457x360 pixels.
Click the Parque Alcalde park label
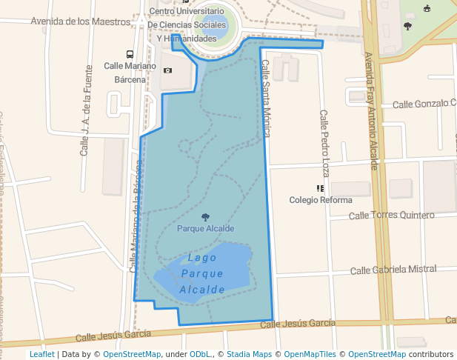click(x=205, y=228)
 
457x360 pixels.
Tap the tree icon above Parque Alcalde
click(x=205, y=217)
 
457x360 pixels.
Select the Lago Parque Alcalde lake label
click(x=202, y=273)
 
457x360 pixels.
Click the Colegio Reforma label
click(x=320, y=200)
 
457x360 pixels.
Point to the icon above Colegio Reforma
click(x=320, y=189)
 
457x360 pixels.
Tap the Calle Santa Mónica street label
click(x=265, y=99)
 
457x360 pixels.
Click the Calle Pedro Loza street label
click(x=324, y=143)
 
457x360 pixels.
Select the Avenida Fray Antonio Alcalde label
click(x=373, y=110)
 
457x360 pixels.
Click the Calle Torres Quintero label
click(x=391, y=216)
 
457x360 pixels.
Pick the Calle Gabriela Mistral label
click(x=393, y=270)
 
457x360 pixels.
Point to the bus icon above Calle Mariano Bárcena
click(x=130, y=55)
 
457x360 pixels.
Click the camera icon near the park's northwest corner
click(x=168, y=70)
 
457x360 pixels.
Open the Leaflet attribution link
click(x=41, y=354)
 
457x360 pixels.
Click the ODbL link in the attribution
click(x=200, y=354)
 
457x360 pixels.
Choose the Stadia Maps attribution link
click(x=249, y=354)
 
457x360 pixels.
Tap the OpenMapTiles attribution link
click(x=308, y=354)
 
